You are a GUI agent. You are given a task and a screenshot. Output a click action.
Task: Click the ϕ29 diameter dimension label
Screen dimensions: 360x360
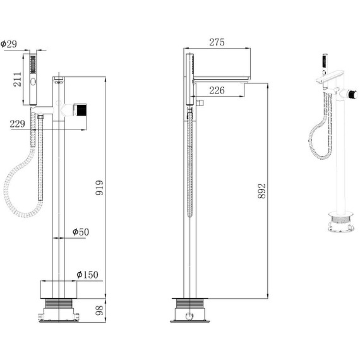click(x=9, y=44)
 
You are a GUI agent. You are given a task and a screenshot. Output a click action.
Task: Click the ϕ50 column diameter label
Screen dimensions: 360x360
click(x=80, y=232)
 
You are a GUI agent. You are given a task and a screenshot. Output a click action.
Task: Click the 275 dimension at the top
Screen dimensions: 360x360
click(x=217, y=43)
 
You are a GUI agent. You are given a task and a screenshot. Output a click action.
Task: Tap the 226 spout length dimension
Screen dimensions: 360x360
click(x=217, y=90)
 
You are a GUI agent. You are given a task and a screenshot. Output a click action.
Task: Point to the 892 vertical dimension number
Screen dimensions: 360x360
click(x=263, y=192)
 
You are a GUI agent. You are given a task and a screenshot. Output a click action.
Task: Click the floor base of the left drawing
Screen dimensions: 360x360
click(x=59, y=309)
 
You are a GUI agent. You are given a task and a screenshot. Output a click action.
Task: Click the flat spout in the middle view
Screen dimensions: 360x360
click(x=221, y=78)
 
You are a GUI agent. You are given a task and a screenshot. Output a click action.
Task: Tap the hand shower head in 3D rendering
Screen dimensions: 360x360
click(x=325, y=61)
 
